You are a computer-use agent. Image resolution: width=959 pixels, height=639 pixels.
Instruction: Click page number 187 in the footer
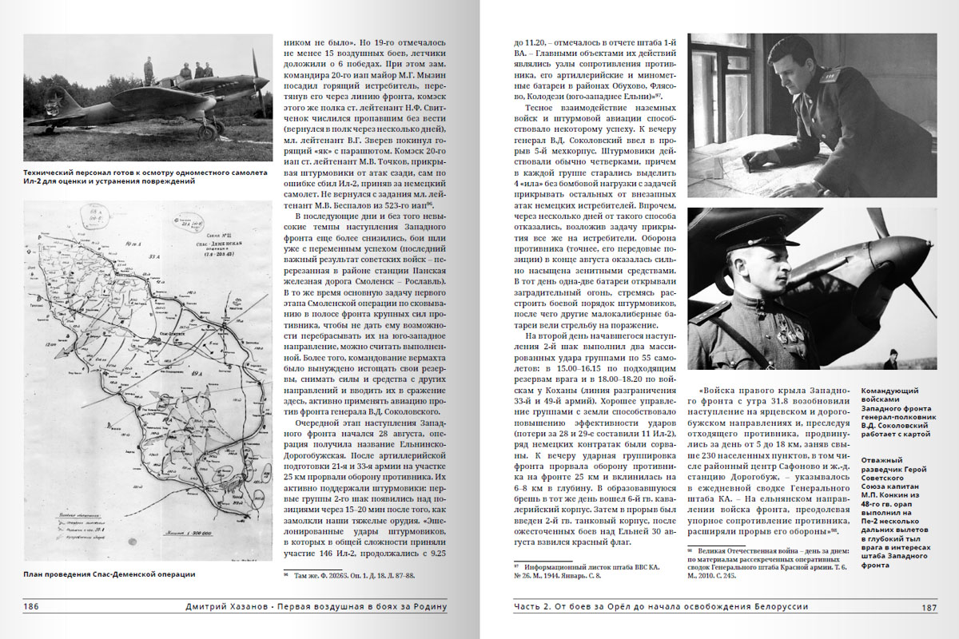929,607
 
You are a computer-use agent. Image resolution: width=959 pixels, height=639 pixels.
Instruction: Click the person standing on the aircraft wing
149,69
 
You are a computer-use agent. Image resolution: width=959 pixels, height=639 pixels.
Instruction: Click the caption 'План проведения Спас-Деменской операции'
109,574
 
